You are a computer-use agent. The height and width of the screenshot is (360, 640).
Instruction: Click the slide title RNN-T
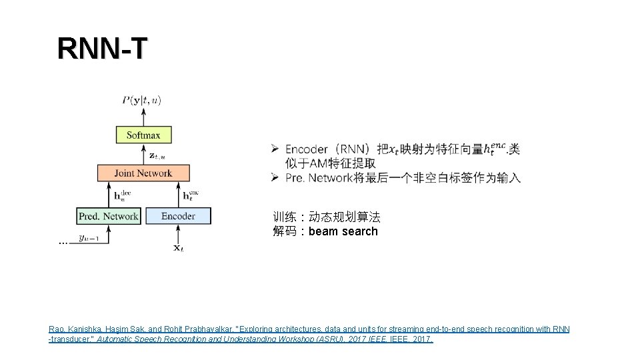[x=102, y=49]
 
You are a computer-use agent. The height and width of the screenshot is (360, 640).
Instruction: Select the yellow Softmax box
[x=143, y=135]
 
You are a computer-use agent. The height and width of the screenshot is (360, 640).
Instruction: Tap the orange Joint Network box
[x=143, y=173]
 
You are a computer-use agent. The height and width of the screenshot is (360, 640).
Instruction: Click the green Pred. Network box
[x=109, y=216]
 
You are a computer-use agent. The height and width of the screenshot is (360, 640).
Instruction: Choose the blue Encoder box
[x=178, y=216]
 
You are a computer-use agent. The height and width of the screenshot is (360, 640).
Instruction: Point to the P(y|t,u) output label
[x=142, y=100]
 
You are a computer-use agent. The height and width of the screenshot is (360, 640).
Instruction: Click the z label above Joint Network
[x=157, y=155]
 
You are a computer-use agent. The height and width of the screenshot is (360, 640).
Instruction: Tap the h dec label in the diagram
[x=122, y=195]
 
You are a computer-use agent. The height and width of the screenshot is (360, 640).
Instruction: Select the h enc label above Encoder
[x=190, y=195]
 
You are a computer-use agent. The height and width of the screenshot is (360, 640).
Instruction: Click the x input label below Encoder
[x=178, y=248]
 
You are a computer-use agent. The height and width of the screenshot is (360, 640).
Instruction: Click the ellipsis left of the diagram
[x=63, y=242]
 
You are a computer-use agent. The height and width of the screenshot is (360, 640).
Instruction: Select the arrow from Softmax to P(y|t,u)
[x=143, y=117]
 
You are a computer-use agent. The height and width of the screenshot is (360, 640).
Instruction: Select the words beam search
[x=343, y=231]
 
